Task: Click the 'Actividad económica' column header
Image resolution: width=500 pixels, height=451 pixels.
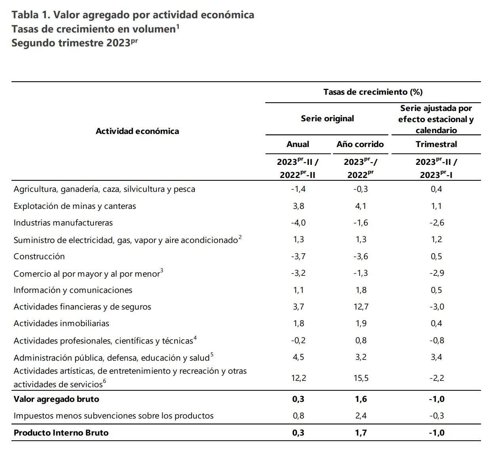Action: (137, 131)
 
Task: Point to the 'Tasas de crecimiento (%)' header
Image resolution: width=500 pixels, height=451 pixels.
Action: (373, 92)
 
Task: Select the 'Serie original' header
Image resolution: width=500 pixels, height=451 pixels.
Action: (327, 118)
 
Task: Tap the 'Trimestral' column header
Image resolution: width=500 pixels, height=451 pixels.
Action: (436, 144)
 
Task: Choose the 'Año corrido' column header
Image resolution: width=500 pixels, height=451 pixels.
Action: (360, 144)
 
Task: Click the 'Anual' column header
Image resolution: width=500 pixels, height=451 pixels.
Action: (298, 144)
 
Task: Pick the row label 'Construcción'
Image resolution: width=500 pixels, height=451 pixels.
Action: (39, 256)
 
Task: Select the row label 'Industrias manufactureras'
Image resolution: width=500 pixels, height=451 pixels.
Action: (63, 223)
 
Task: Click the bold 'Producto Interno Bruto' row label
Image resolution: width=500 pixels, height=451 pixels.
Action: (61, 433)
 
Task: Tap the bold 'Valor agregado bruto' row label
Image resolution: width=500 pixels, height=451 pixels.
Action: (56, 399)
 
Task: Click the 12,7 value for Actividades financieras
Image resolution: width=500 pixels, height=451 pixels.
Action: (361, 307)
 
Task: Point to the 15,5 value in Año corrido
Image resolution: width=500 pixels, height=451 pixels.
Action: (361, 378)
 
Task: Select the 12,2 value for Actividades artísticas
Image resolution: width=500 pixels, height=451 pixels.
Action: (298, 378)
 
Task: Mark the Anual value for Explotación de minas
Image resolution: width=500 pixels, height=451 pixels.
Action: (298, 206)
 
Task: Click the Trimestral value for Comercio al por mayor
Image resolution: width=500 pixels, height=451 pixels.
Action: (437, 273)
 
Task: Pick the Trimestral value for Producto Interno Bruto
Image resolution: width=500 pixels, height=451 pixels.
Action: (437, 433)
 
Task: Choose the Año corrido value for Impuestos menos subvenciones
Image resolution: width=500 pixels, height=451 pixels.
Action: (361, 416)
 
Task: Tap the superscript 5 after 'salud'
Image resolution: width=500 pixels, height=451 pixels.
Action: (212, 354)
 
